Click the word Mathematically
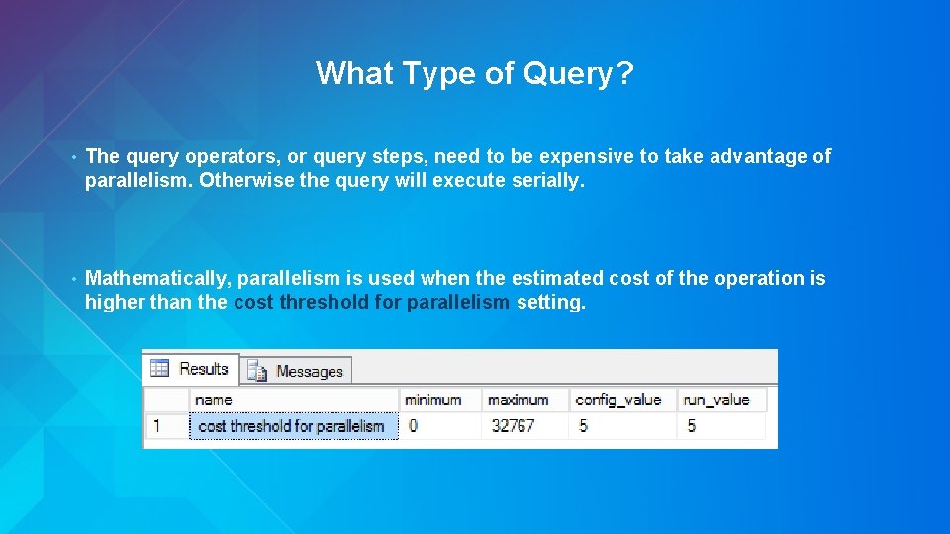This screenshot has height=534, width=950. tap(157, 278)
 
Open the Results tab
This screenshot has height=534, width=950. tap(192, 369)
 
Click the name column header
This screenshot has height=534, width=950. tap(214, 400)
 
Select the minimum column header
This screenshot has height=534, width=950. tap(432, 400)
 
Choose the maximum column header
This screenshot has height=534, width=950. tap(519, 400)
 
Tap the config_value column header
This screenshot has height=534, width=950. tap(617, 400)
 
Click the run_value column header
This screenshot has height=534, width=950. tap(716, 400)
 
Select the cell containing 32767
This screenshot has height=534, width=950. tap(513, 426)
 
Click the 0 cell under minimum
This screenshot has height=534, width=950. tap(413, 426)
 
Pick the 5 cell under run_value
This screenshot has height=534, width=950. tap(691, 426)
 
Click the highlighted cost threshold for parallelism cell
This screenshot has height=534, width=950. tap(292, 426)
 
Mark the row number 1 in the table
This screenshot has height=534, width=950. tap(154, 426)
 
